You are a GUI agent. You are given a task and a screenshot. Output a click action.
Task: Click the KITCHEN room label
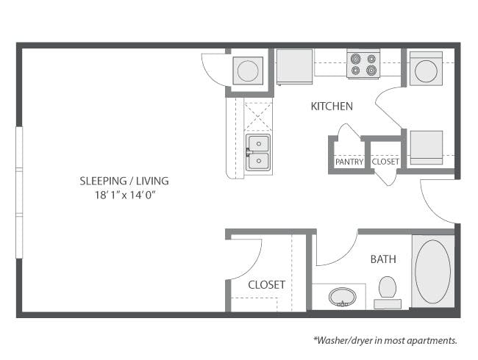point(332,107)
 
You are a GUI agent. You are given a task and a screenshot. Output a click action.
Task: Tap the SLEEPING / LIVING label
point(124,181)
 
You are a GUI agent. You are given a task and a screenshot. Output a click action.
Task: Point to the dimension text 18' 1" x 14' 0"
point(125,195)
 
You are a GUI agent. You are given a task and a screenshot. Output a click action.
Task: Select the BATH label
point(383,259)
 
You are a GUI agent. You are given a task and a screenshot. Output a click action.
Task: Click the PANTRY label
point(349,162)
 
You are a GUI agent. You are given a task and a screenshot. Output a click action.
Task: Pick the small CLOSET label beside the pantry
point(385,162)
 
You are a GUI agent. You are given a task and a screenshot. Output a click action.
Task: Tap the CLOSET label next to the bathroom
point(267,285)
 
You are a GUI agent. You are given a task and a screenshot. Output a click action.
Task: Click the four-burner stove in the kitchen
point(363,64)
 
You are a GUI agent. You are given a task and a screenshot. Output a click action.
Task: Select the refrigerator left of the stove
point(294,67)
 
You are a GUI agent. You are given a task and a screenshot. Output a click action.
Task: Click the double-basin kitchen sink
point(258,152)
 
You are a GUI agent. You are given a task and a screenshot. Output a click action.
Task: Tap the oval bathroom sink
point(343,297)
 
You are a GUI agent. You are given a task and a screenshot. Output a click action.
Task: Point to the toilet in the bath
point(388,292)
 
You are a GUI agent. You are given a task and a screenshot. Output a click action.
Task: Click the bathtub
point(432,271)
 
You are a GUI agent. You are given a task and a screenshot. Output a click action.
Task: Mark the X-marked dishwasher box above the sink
point(258,116)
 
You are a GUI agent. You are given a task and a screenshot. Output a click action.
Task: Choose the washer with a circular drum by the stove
point(426,68)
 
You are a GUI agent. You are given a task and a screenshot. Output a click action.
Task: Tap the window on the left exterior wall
point(19,192)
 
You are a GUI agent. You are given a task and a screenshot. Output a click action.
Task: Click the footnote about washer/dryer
point(385,340)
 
